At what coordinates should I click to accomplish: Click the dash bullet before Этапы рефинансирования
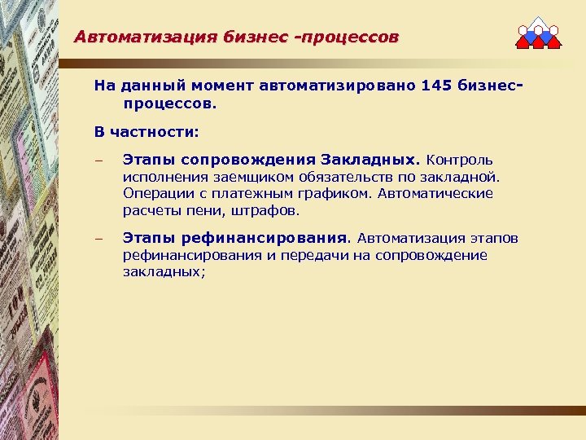coord(98,240)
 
